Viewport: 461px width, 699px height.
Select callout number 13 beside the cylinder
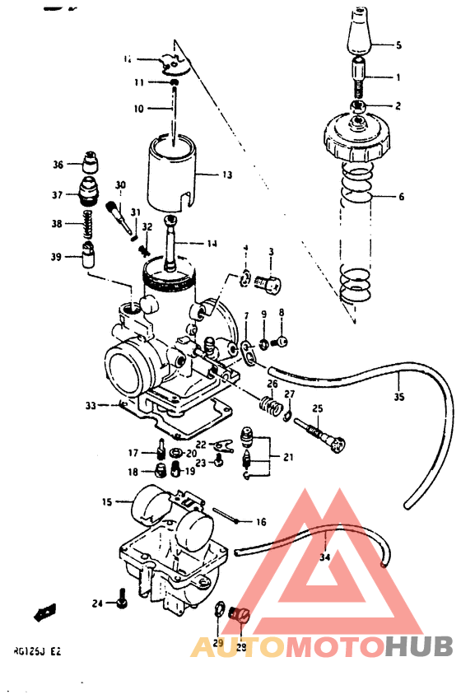(227, 175)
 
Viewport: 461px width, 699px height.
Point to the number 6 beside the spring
(400, 198)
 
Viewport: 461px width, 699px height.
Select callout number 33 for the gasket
(91, 405)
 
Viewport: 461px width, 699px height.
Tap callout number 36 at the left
(58, 165)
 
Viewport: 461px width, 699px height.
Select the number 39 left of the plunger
(56, 257)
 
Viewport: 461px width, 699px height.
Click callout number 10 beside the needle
(137, 108)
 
